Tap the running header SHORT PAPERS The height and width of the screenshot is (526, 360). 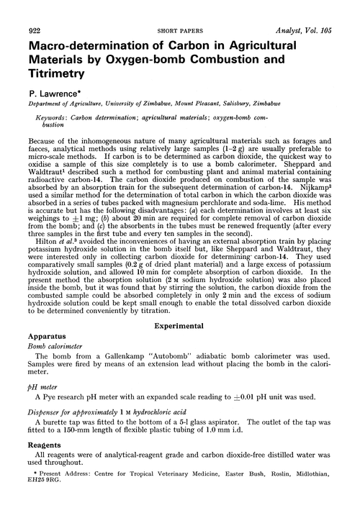point(180,6)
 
